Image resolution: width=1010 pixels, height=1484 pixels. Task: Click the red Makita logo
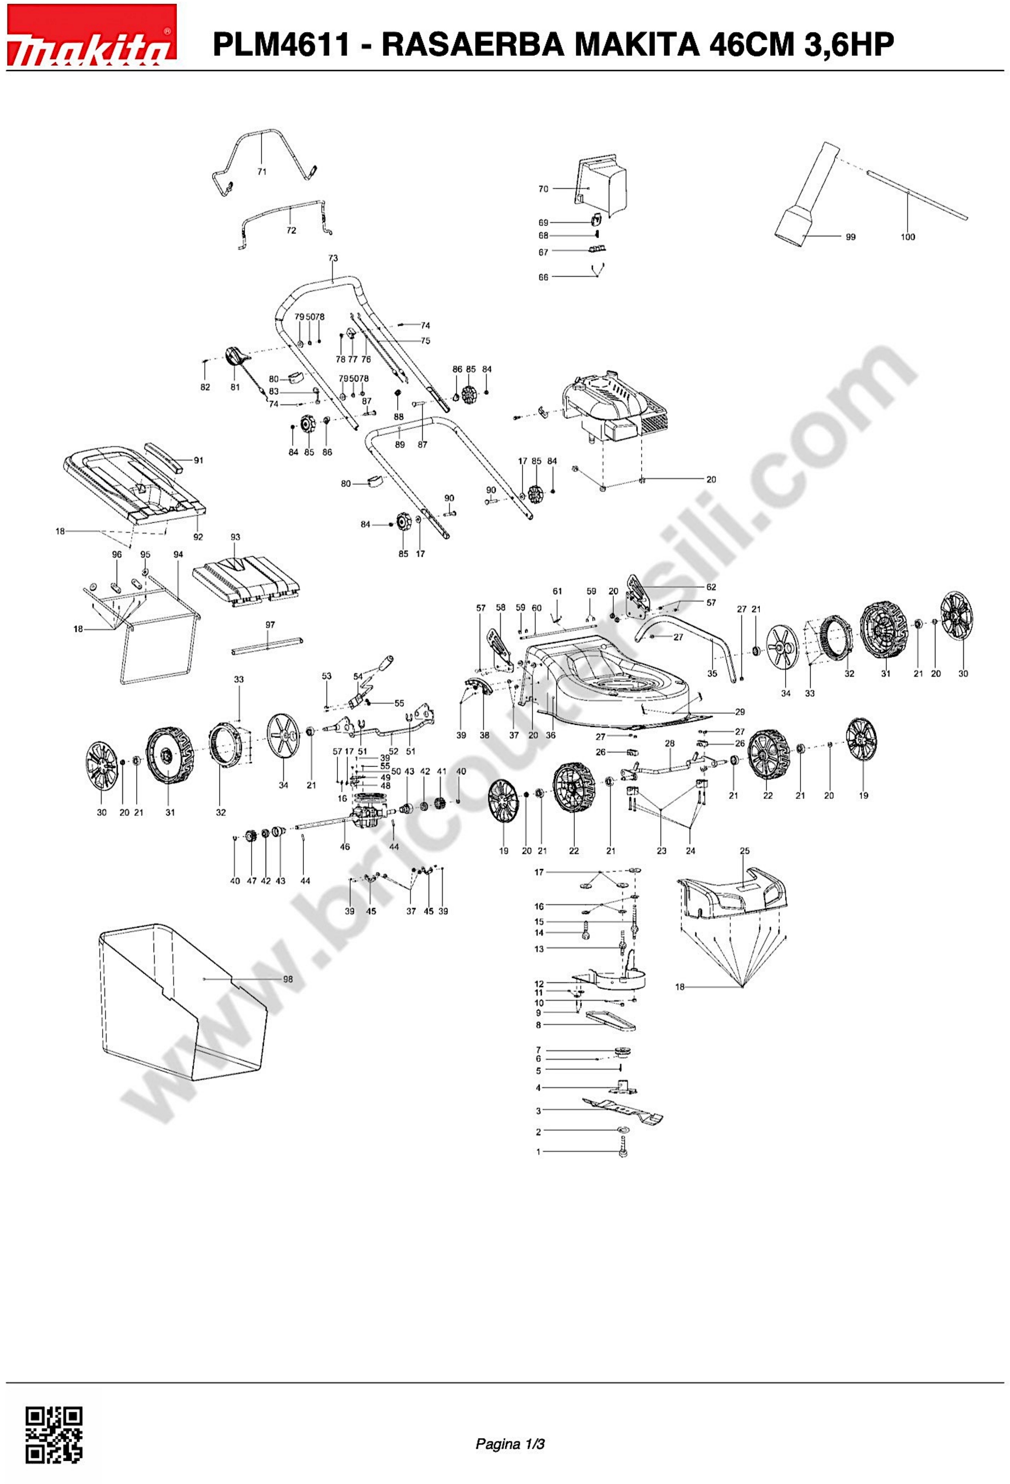pyautogui.click(x=91, y=35)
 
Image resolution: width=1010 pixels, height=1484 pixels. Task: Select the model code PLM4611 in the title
pyautogui.click(x=281, y=45)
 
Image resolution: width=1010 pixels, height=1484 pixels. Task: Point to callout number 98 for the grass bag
pyautogui.click(x=288, y=979)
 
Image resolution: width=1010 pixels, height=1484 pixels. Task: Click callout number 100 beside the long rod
pyautogui.click(x=907, y=237)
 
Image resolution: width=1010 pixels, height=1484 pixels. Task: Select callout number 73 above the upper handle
pyautogui.click(x=332, y=258)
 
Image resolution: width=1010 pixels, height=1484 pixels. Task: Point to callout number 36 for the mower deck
pyautogui.click(x=550, y=735)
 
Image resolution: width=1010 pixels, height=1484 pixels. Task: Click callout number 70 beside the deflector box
pyautogui.click(x=543, y=189)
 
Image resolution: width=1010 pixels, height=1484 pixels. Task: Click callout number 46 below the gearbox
pyautogui.click(x=345, y=847)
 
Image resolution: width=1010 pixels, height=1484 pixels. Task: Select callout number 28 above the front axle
pyautogui.click(x=669, y=743)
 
